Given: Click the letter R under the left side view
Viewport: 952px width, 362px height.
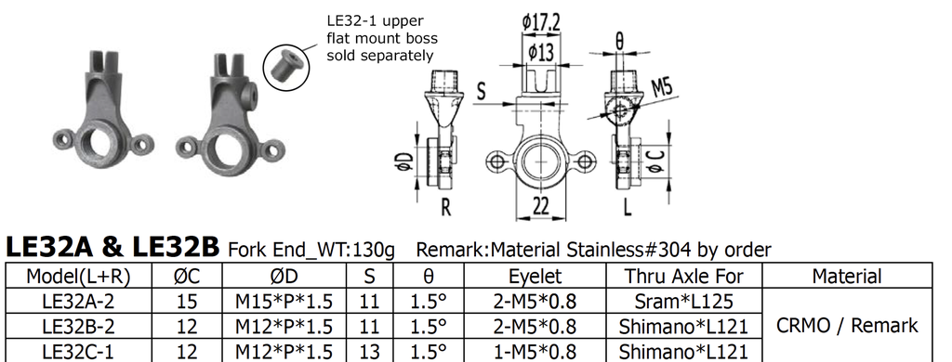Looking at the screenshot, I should coord(445,207).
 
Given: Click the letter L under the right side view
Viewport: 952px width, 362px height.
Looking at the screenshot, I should coord(628,207).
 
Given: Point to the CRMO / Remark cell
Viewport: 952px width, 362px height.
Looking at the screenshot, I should coord(846,326).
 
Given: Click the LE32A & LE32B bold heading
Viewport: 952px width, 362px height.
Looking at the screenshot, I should coord(112,247).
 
